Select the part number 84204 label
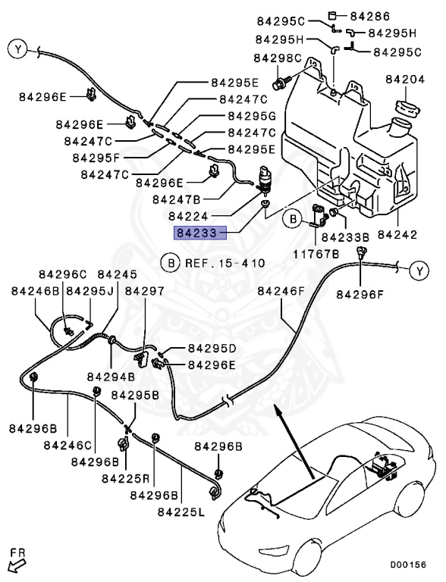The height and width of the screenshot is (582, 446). (x=407, y=79)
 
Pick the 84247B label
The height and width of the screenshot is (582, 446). (x=176, y=199)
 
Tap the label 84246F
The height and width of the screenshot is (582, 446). (x=281, y=290)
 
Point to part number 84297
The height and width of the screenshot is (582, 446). (x=144, y=290)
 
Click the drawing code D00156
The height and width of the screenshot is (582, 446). (x=408, y=565)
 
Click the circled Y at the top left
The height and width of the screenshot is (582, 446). (x=17, y=50)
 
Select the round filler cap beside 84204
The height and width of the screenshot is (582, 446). (x=407, y=108)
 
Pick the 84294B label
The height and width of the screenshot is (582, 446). (x=110, y=375)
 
